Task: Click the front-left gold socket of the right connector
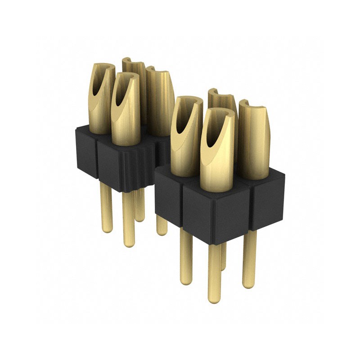coord(185,135)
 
